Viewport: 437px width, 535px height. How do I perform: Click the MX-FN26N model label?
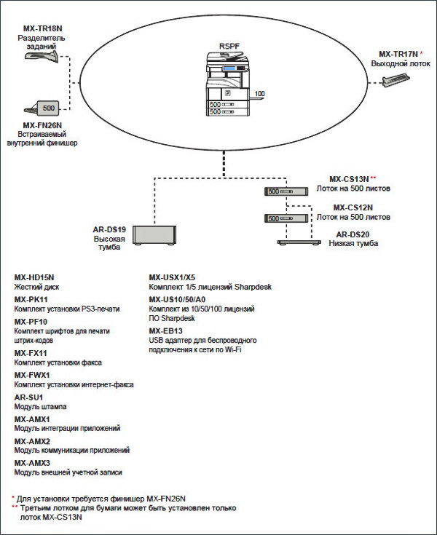pyautogui.click(x=43, y=125)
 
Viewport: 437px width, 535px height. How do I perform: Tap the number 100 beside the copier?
pyautogui.click(x=260, y=94)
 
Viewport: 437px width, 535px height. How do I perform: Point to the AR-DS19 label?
pyautogui.click(x=109, y=229)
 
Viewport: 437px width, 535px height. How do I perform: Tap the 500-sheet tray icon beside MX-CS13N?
pyautogui.click(x=278, y=191)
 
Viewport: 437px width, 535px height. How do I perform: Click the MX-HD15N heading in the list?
pyautogui.click(x=34, y=277)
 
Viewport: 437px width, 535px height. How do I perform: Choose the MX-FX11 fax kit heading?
pyautogui.click(x=31, y=352)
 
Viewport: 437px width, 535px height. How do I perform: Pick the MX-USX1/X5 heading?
pyautogui.click(x=172, y=277)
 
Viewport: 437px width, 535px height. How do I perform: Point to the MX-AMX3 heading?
pyautogui.click(x=32, y=463)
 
